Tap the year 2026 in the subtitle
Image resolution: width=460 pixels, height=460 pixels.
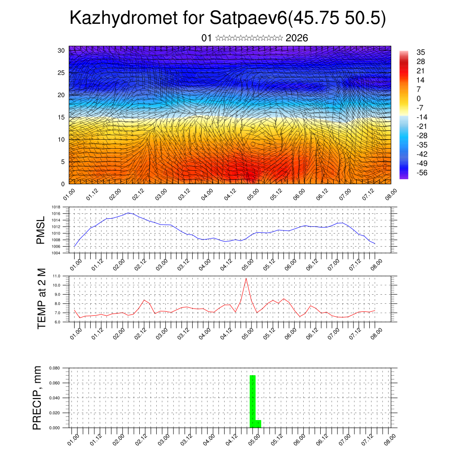tap(296, 38)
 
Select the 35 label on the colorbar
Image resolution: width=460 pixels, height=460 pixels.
tap(421, 52)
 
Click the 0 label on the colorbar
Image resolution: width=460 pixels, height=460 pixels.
tap(419, 98)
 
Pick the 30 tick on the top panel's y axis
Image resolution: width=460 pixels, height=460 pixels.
tap(61, 50)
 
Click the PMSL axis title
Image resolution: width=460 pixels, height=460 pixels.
tap(41, 230)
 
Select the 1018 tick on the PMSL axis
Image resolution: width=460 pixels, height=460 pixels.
tap(57, 208)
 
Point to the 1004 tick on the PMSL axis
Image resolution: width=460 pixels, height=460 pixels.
tap(57, 253)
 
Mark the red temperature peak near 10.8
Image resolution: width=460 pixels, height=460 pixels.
tap(246, 279)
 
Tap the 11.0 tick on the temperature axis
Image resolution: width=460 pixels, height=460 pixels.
tap(57, 276)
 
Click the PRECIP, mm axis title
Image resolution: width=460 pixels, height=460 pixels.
tap(38, 398)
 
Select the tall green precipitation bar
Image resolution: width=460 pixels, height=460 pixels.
tap(252, 401)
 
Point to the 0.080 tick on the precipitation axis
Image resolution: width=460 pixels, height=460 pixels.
tap(55, 368)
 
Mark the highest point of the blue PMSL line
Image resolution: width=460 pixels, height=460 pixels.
tap(128, 213)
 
